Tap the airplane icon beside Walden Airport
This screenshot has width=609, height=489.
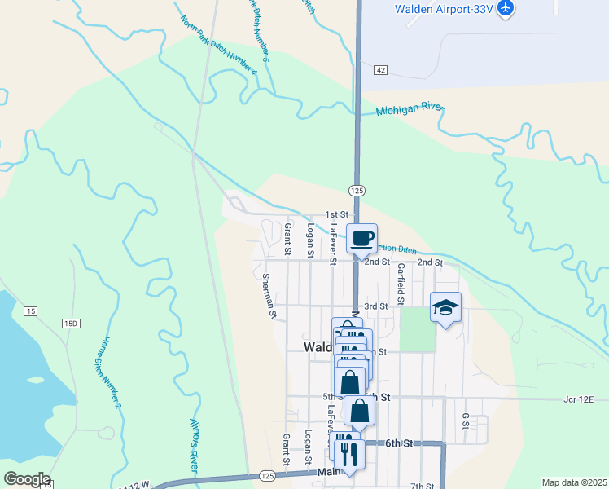click(506, 8)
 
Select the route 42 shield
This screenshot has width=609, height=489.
click(380, 71)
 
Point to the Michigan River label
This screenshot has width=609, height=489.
click(410, 109)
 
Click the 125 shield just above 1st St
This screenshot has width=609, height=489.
click(356, 190)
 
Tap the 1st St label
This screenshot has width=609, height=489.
click(337, 214)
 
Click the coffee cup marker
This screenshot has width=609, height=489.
click(362, 239)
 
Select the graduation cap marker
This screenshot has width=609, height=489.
click(445, 307)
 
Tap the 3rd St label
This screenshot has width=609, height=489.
click(375, 306)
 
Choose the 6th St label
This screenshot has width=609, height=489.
click(399, 443)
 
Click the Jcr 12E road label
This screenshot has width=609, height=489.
click(579, 399)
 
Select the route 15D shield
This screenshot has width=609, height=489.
click(71, 324)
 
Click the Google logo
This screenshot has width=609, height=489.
click(26, 479)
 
